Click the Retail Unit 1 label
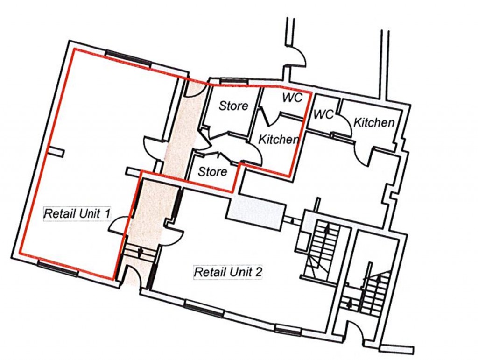click(x=77, y=214)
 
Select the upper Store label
click(x=233, y=106)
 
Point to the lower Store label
click(x=212, y=171)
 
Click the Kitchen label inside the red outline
click(x=278, y=139)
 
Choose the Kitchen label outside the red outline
click(x=373, y=123)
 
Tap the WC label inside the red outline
click(x=293, y=98)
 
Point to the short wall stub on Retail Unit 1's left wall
click(x=55, y=151)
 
